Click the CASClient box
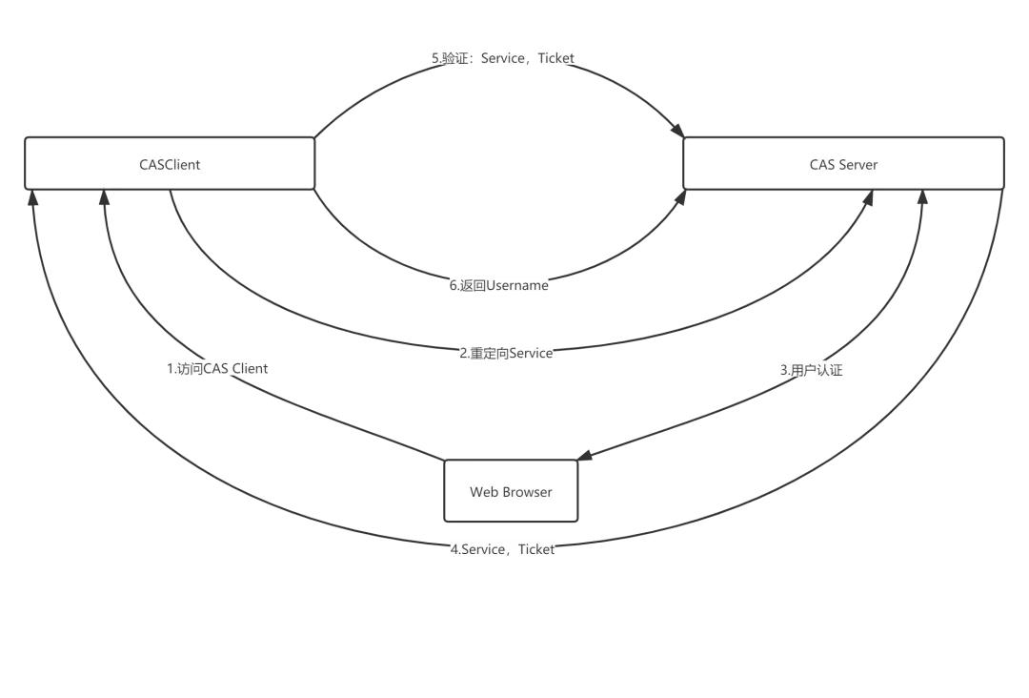[170, 164]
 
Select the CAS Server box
[843, 164]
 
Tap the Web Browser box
[511, 491]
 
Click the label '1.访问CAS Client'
[217, 368]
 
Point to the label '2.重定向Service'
[506, 353]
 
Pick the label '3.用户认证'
[811, 370]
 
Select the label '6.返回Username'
[499, 285]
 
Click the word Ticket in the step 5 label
[556, 58]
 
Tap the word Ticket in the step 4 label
[536, 549]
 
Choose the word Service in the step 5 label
[503, 58]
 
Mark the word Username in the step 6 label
[517, 285]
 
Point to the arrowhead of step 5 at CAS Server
[677, 130]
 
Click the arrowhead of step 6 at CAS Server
[679, 195]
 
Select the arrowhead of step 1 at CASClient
[105, 197]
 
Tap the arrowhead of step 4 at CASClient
[33, 197]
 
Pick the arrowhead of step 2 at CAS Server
[868, 197]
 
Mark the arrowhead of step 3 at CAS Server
[922, 197]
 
